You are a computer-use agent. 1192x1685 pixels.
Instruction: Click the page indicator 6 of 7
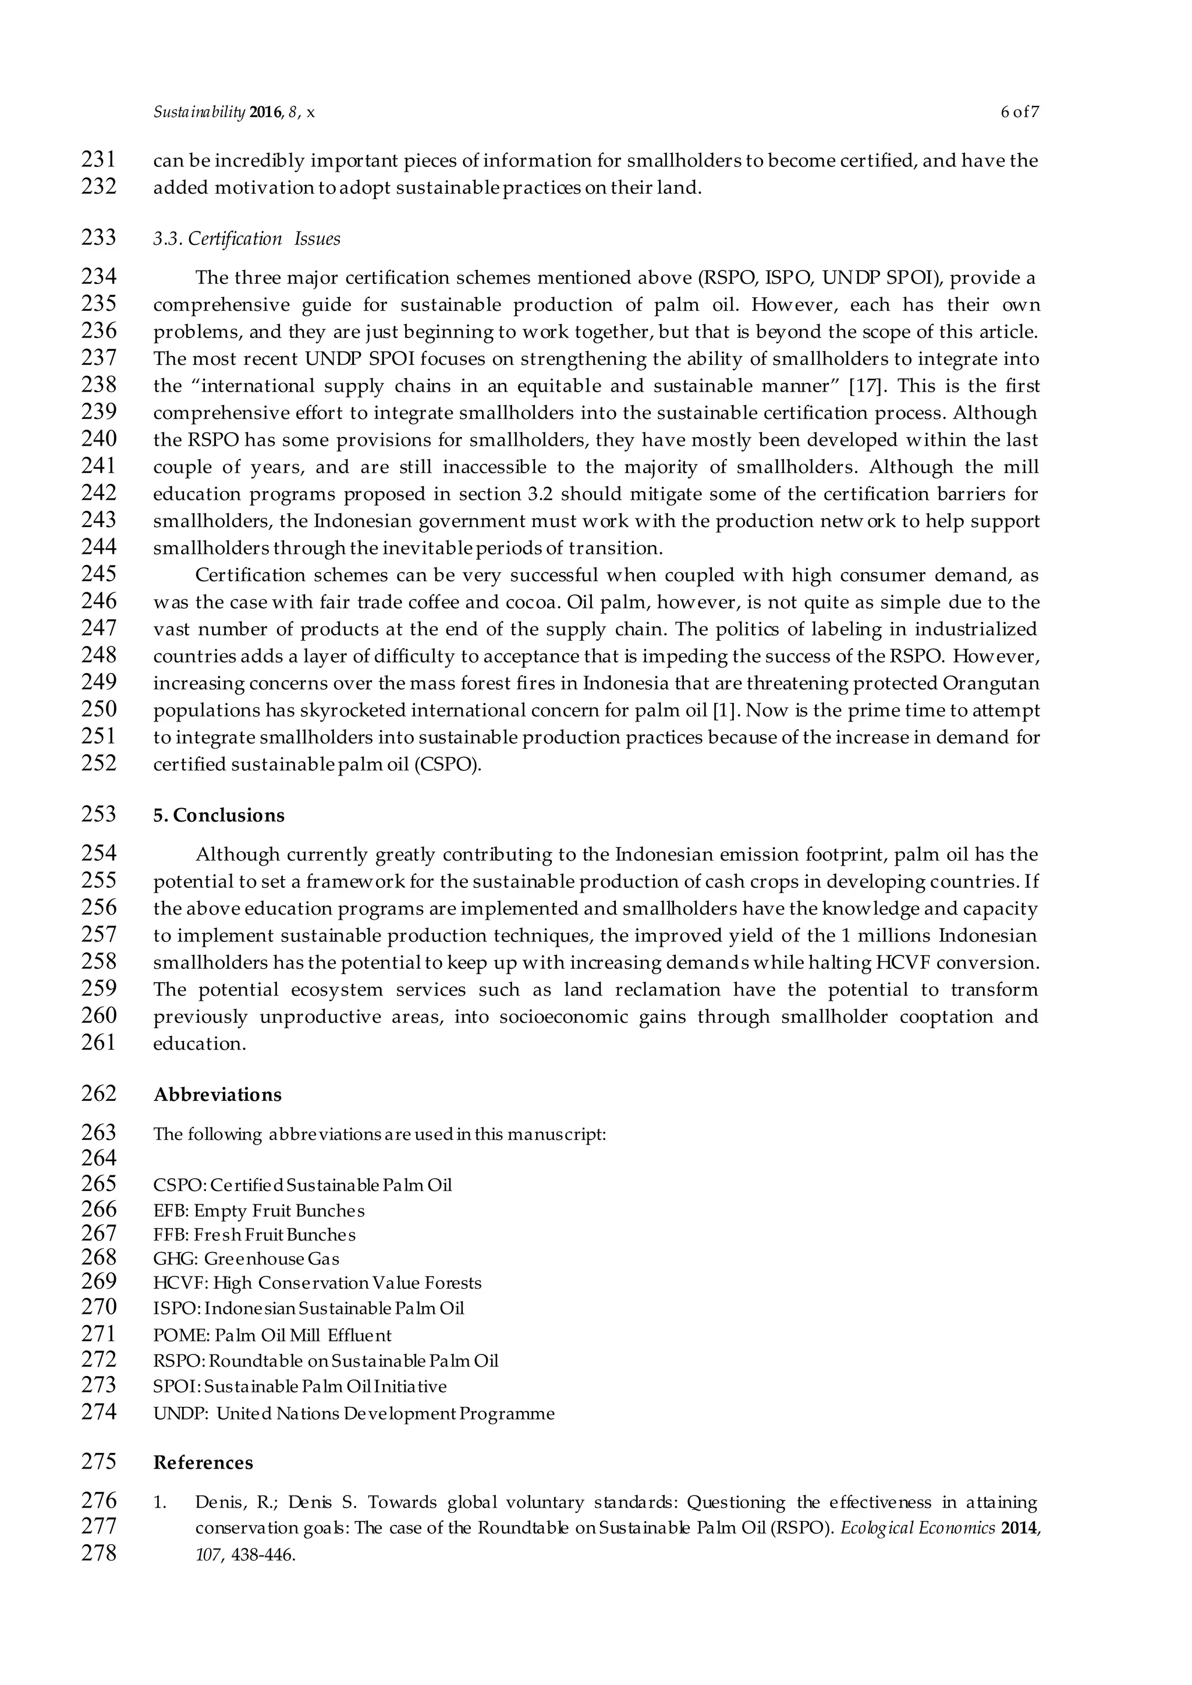coord(1020,112)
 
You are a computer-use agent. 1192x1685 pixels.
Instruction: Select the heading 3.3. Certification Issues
coord(247,239)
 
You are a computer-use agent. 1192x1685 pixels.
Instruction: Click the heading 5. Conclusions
coord(219,815)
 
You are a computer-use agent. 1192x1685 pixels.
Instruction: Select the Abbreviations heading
coord(217,1094)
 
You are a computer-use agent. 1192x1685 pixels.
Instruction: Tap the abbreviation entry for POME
coord(272,1335)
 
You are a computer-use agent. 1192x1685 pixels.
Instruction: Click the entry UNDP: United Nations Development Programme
coord(354,1413)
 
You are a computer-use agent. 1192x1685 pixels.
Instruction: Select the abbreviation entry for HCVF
coord(317,1283)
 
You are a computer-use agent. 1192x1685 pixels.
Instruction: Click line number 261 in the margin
coord(98,1042)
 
